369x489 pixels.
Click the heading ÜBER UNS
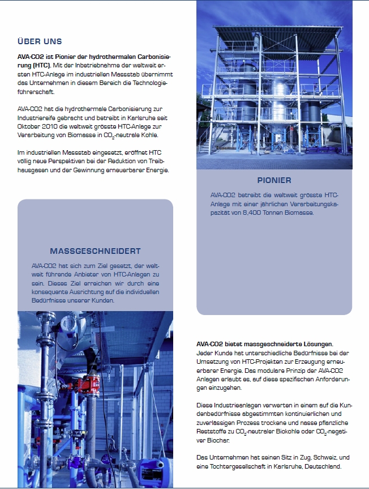(x=40, y=41)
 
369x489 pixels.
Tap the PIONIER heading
(x=274, y=180)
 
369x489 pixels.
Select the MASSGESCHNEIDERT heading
(x=95, y=250)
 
